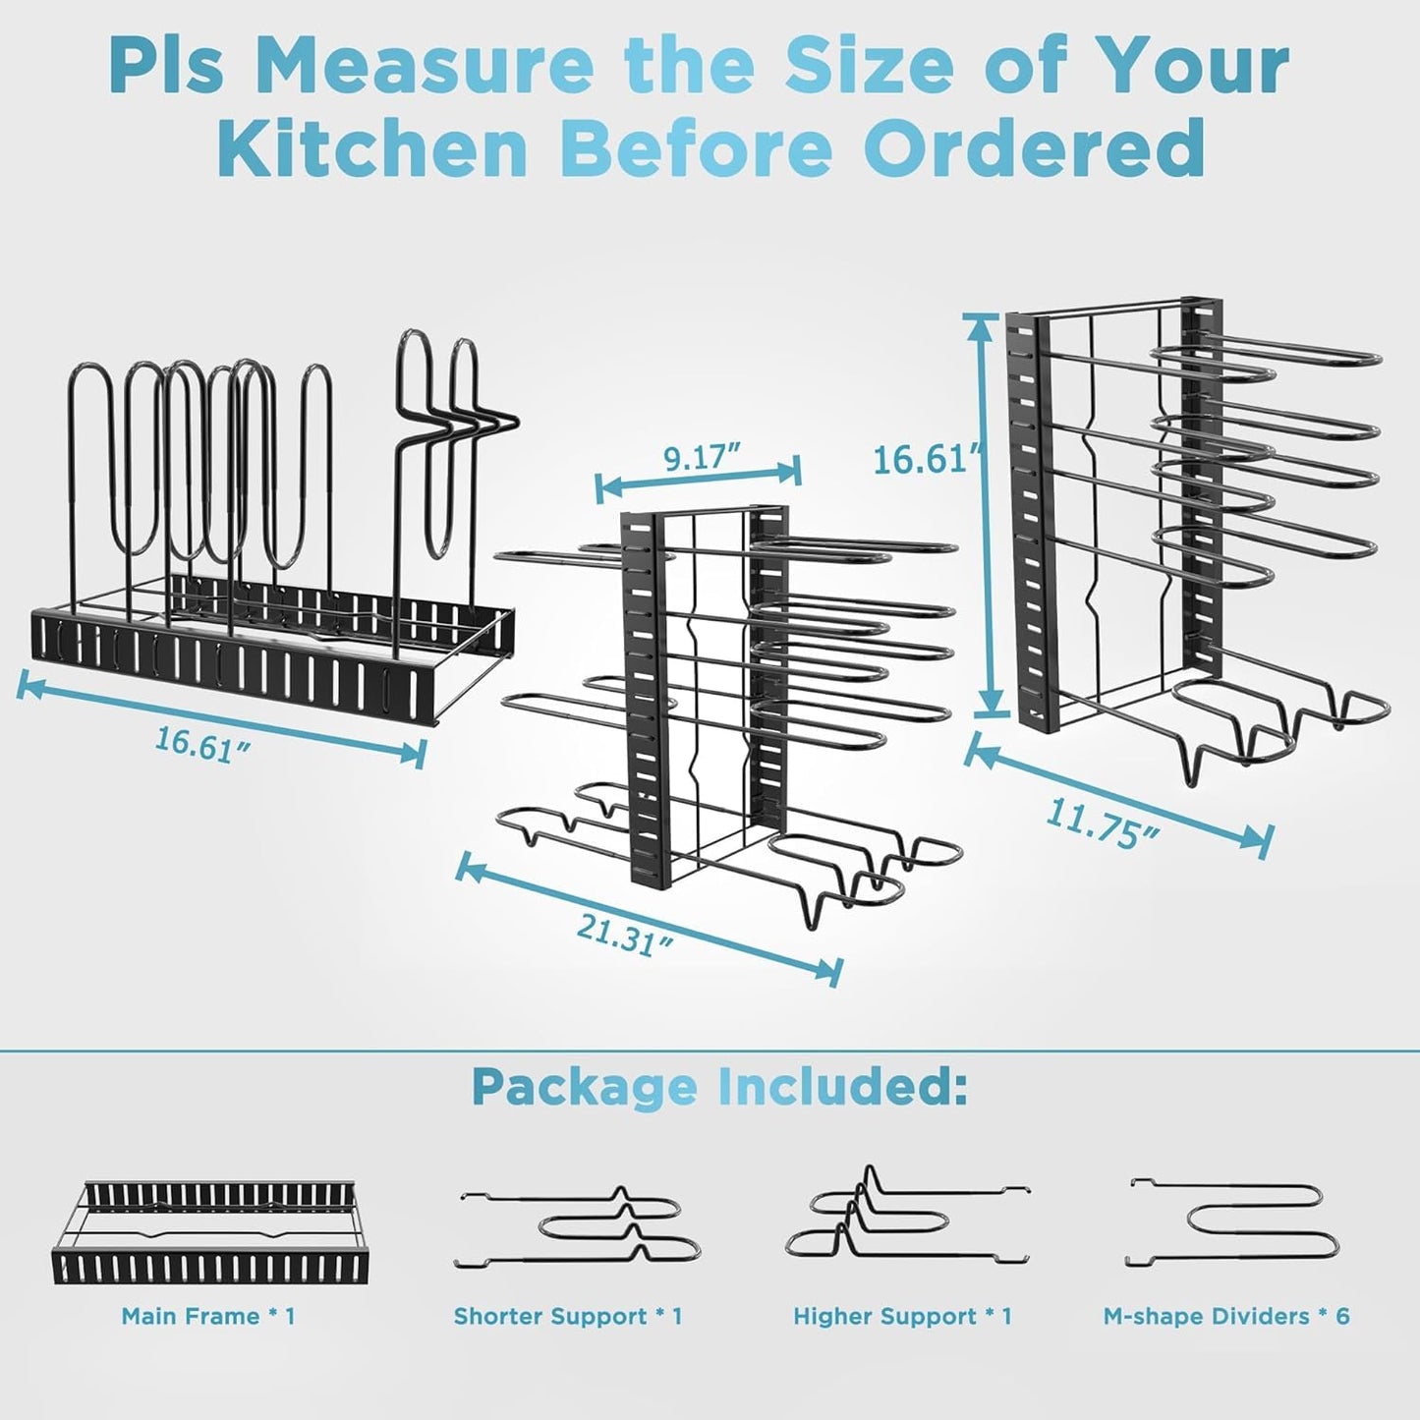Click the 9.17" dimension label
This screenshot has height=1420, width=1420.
click(700, 458)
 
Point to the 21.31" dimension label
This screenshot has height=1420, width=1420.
click(625, 935)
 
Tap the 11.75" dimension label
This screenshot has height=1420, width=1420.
click(1102, 824)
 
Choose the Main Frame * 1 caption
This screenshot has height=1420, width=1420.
click(208, 1316)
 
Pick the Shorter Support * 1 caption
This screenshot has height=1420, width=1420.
click(568, 1316)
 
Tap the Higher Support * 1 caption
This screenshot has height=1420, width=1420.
click(902, 1316)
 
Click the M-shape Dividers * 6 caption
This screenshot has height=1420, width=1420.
click(1226, 1316)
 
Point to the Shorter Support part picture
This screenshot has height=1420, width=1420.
click(578, 1229)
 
